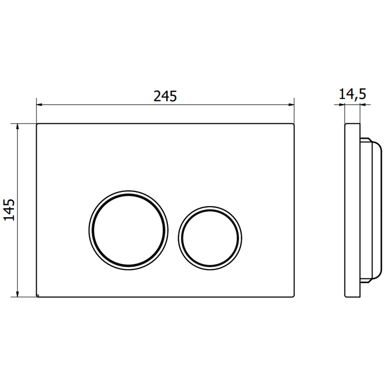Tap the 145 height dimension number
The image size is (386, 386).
coord(10,210)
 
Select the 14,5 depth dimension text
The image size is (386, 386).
coord(352,94)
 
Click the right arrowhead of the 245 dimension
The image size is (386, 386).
coord(291,104)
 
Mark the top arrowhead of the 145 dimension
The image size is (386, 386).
coord(18,126)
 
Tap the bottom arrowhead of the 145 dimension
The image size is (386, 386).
coord(18,294)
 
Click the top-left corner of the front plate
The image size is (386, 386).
coord(37,124)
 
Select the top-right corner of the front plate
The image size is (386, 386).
coord(294,124)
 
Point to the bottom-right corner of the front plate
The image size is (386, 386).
coord(294,297)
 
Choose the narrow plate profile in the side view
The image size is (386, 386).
coord(352,210)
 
